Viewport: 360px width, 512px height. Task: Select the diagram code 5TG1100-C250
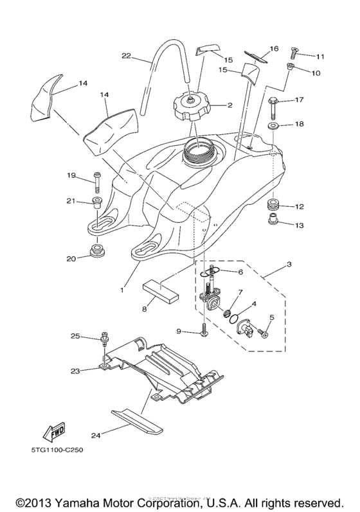coord(54,450)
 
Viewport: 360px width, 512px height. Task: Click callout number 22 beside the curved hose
coord(127,56)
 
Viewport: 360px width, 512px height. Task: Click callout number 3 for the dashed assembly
coord(289,264)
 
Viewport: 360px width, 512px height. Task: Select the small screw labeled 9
coord(204,332)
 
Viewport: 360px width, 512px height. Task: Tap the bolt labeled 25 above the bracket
coord(103,337)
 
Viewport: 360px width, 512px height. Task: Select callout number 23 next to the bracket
coord(75,371)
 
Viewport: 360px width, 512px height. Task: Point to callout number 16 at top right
coord(273,48)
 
